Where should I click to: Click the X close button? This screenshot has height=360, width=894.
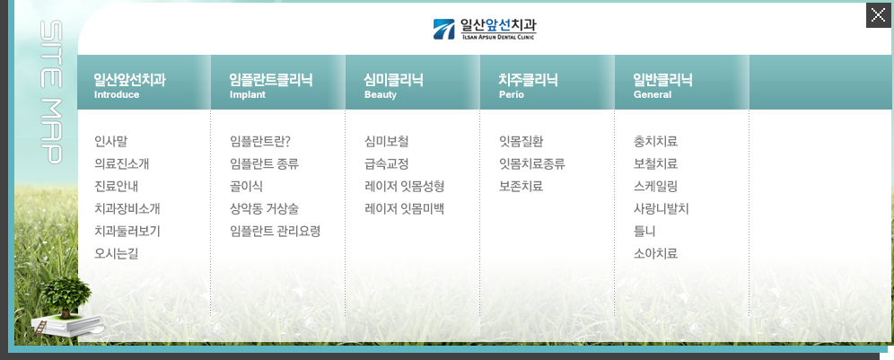pyautogui.click(x=878, y=15)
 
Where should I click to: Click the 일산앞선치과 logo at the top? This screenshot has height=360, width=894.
pyautogui.click(x=485, y=29)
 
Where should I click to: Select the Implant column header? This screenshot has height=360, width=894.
pyautogui.click(x=271, y=85)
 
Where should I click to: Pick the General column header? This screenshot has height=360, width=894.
pyautogui.click(x=662, y=85)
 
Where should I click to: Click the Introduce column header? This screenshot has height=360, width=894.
pyautogui.click(x=129, y=85)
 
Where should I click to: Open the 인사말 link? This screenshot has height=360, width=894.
pyautogui.click(x=110, y=142)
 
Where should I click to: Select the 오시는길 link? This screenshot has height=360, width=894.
pyautogui.click(x=117, y=254)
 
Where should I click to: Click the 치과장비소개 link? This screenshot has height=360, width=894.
pyautogui.click(x=127, y=209)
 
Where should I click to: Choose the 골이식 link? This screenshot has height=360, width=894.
pyautogui.click(x=246, y=187)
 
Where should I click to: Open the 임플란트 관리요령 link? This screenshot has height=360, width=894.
pyautogui.click(x=276, y=231)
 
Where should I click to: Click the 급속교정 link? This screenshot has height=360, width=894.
pyautogui.click(x=387, y=164)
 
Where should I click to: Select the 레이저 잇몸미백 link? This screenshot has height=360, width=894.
pyautogui.click(x=404, y=209)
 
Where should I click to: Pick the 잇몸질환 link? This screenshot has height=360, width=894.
pyautogui.click(x=521, y=142)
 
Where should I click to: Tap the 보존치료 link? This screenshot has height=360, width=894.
pyautogui.click(x=521, y=187)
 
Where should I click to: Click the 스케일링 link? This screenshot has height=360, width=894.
pyautogui.click(x=655, y=187)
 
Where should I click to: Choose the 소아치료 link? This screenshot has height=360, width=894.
pyautogui.click(x=655, y=254)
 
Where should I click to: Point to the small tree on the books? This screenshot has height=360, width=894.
pyautogui.click(x=66, y=296)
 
